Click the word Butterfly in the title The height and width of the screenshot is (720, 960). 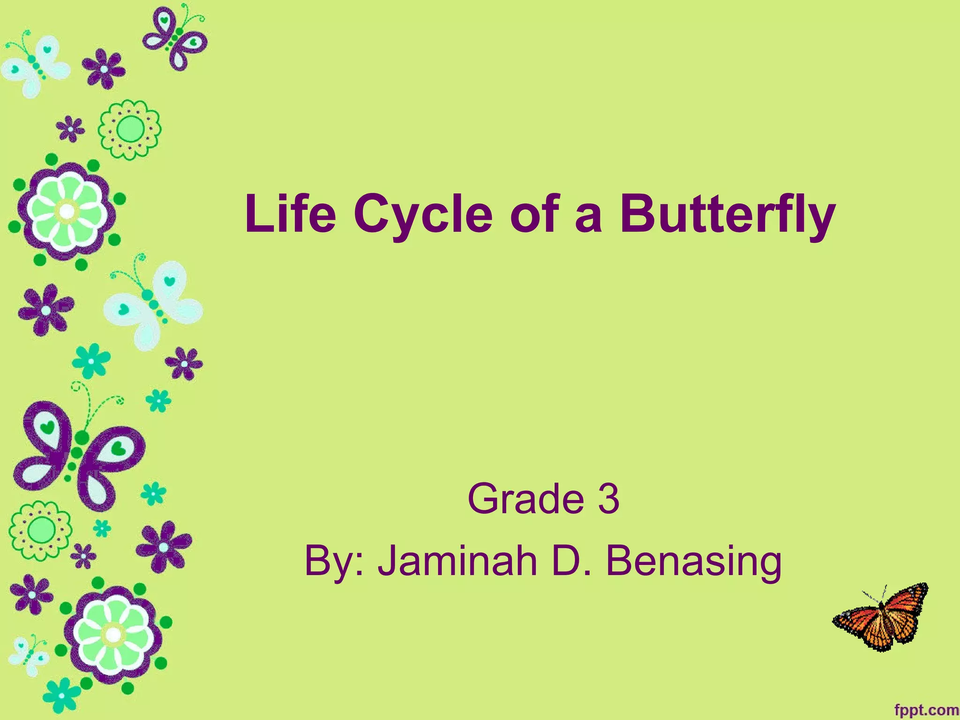727,214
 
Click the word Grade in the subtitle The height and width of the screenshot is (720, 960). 525,499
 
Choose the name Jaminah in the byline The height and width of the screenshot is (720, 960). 457,561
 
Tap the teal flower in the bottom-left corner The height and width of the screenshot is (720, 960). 61,697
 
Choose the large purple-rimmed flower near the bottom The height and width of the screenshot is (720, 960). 113,635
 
